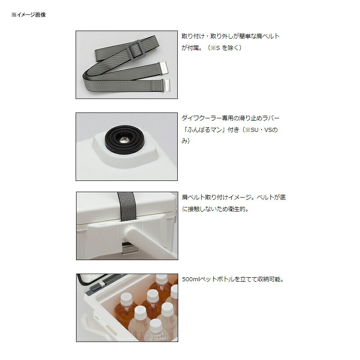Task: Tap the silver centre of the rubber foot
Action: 124,140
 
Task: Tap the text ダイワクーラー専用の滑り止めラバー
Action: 231,118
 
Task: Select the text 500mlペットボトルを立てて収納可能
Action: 234,279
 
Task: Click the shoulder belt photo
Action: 126,64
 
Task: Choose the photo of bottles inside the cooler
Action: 126,307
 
